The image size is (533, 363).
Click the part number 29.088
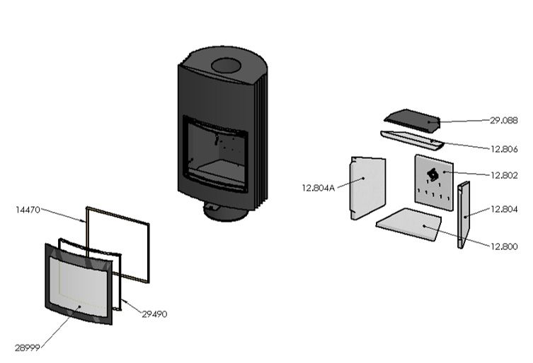click(504, 120)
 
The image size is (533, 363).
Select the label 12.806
click(504, 149)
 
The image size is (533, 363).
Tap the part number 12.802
click(504, 174)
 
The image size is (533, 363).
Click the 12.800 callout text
click(503, 246)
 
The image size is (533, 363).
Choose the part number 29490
click(154, 314)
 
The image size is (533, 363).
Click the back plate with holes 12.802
click(433, 180)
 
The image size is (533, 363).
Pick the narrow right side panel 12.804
click(464, 214)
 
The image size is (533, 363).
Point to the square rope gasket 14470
click(119, 242)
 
